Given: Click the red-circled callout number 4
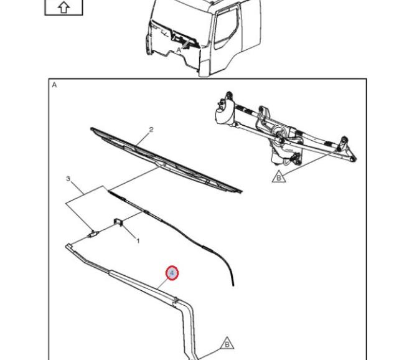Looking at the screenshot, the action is tap(172, 273).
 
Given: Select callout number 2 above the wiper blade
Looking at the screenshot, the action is tap(151, 130).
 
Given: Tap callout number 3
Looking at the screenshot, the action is tap(68, 179).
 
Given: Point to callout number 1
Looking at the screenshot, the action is tap(138, 241).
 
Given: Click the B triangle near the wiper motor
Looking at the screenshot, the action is tap(279, 177).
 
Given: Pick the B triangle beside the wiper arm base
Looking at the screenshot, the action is tap(227, 344).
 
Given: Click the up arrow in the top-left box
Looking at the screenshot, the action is tap(64, 7).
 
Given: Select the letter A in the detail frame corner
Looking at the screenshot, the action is tap(54, 85).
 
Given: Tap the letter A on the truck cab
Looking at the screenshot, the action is tap(179, 50).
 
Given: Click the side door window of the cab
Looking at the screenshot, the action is tap(225, 29).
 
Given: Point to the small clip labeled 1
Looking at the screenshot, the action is tap(118, 222).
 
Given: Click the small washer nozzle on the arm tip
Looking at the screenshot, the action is tap(93, 234).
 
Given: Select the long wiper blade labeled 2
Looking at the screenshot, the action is tap(166, 160).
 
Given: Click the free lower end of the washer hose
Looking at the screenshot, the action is tap(233, 285).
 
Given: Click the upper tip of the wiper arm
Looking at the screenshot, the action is tap(68, 246).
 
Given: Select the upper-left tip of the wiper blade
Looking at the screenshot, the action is tap(91, 129).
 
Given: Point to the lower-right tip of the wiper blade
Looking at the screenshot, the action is tap(240, 191).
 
